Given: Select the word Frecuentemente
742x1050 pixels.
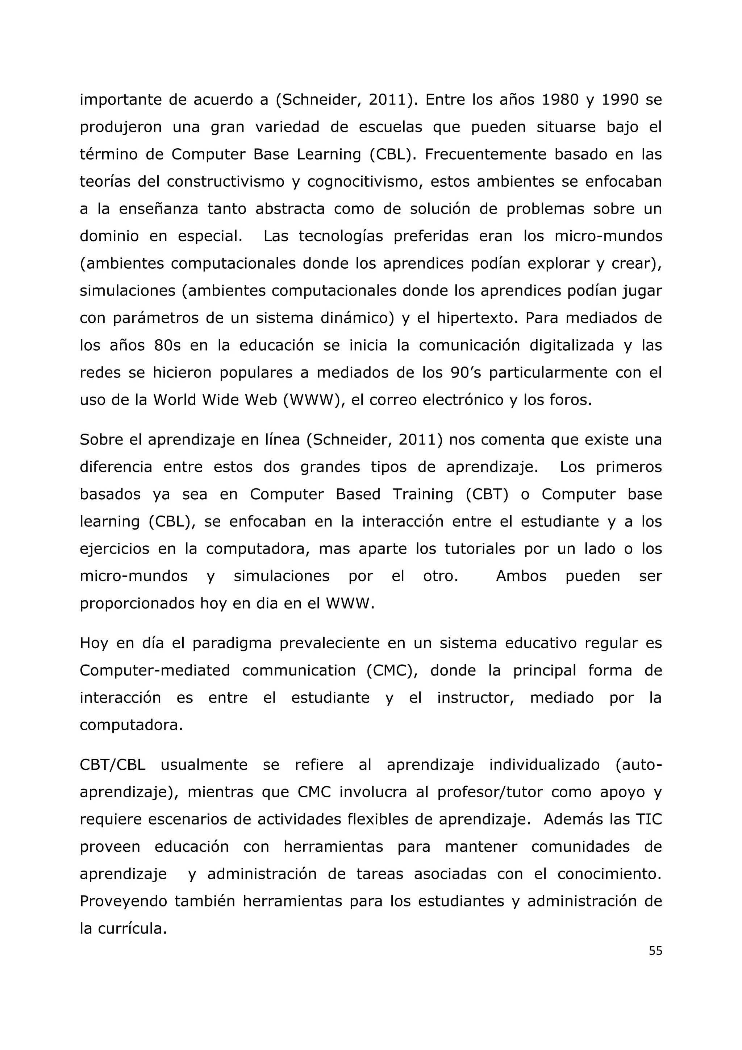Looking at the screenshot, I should [x=485, y=154].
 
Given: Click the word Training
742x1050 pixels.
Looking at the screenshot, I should [x=423, y=494].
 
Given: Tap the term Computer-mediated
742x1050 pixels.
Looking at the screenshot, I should [x=154, y=671].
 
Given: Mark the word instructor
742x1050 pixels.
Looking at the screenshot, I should [x=476, y=698].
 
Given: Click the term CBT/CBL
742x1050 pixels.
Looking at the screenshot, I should [x=112, y=765].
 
